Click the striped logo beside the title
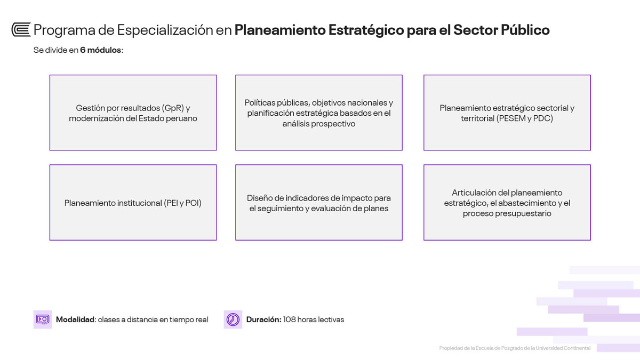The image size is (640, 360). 21,30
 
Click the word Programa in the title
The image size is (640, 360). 64,30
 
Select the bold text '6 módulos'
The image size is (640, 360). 101,50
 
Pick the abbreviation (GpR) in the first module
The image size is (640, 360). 173,108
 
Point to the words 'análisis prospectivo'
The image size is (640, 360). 319,124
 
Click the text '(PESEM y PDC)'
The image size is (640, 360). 525,118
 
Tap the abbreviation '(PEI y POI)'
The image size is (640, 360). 182,203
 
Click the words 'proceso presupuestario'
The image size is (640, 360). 507,213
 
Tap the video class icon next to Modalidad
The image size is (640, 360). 43,319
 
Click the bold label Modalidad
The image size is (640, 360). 75,319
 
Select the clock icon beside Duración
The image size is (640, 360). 233,319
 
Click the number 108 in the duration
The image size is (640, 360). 289,319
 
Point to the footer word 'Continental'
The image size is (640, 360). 577,348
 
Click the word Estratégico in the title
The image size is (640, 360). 366,30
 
